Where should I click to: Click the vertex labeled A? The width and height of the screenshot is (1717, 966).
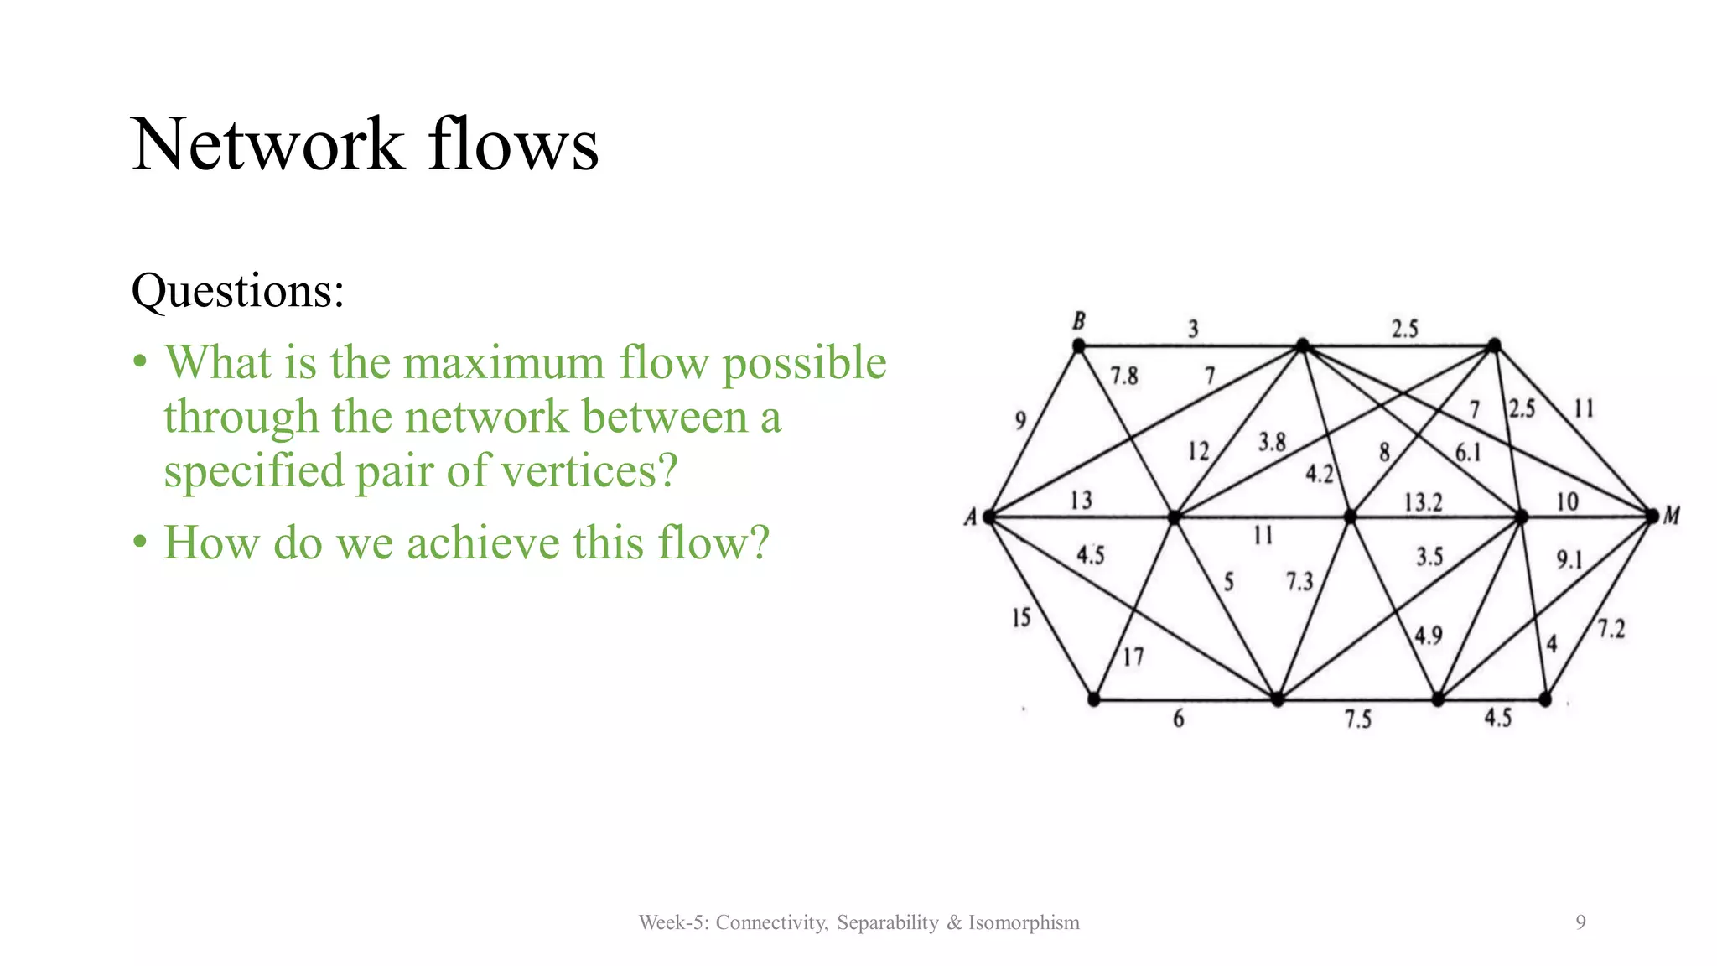point(990,517)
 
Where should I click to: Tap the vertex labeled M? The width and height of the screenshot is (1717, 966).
point(1652,516)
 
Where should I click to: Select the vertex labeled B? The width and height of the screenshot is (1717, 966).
point(1079,345)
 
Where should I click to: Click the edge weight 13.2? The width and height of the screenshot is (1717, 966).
point(1423,502)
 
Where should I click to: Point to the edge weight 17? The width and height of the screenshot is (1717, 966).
point(1133,657)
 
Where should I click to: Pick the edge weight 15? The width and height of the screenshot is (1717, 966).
point(1020,618)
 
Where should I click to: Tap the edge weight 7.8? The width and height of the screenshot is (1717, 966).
point(1123,376)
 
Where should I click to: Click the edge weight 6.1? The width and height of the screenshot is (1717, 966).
point(1467,453)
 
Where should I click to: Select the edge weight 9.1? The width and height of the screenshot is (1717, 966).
point(1569,559)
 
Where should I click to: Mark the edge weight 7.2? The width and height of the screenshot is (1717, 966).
point(1611,628)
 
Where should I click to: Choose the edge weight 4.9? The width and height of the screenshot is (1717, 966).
point(1428,636)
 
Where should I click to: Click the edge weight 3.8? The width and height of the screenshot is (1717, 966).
point(1271,442)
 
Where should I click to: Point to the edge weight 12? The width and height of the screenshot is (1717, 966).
point(1198,452)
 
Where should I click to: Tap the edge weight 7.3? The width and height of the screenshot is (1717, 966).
point(1299,581)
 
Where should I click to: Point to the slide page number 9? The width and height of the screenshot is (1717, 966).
point(1580,922)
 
